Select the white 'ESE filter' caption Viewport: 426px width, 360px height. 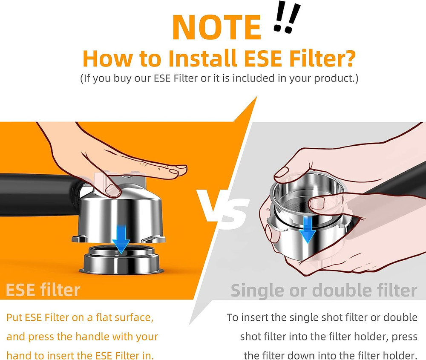[x=43, y=290]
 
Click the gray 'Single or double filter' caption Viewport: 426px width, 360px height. [x=324, y=290]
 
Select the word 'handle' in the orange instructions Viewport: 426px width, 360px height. [x=88, y=337]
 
